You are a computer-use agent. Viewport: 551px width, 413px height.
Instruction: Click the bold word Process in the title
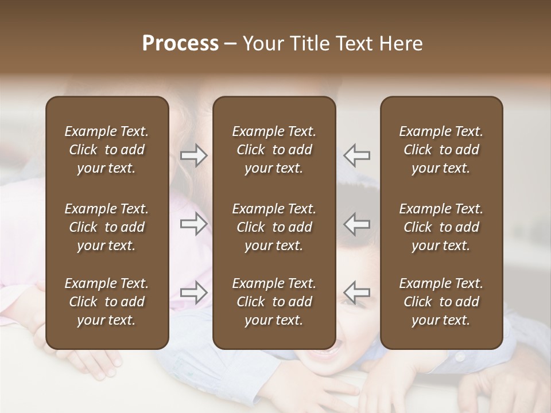(x=180, y=44)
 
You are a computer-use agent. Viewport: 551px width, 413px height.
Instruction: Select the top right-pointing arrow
(x=194, y=155)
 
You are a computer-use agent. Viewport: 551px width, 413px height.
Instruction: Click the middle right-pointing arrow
(x=194, y=224)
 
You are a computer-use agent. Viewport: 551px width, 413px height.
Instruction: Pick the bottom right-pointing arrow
(x=194, y=293)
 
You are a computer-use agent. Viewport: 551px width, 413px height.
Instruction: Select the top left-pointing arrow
(x=357, y=155)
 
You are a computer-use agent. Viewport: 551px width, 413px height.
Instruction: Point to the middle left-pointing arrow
(x=357, y=224)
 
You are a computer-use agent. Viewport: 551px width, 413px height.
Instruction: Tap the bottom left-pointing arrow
(x=357, y=293)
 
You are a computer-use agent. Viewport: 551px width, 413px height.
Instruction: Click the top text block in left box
(x=107, y=150)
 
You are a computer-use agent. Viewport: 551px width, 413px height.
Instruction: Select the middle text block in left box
(x=107, y=227)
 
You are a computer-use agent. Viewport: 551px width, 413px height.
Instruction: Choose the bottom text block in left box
(x=107, y=302)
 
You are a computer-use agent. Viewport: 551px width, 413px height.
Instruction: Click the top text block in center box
(x=274, y=150)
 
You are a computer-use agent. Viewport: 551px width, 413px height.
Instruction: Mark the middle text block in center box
(x=274, y=227)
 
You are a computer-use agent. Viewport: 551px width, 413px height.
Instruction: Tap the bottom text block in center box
(x=274, y=302)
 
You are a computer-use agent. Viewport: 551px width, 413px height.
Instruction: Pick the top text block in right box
(x=441, y=150)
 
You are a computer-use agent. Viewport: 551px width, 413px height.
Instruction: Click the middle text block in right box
(x=441, y=227)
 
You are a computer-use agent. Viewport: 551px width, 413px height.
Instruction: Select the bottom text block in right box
(x=441, y=302)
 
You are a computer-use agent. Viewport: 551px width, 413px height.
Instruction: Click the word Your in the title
(x=265, y=44)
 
